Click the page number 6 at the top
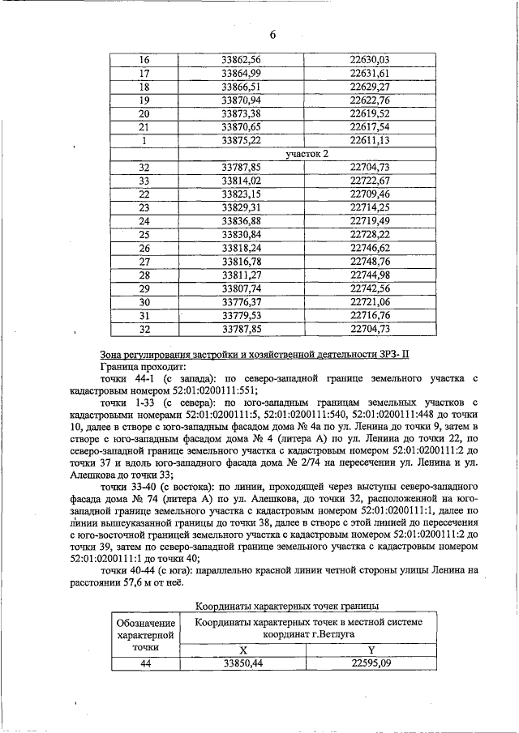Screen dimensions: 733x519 tap(273, 35)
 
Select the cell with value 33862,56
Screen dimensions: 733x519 tap(241, 60)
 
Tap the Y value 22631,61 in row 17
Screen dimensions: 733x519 tap(370, 74)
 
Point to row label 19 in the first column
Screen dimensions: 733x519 tap(145, 100)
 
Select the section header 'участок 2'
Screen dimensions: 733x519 tap(307, 153)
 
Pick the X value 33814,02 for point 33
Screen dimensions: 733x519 tap(241, 180)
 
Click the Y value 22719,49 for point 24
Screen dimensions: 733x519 tap(370, 220)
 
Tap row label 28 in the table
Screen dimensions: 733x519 tap(145, 275)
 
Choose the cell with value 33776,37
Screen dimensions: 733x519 tap(241, 301)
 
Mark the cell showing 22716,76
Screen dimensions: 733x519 tap(370, 315)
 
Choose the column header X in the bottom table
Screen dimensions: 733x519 tap(242, 650)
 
